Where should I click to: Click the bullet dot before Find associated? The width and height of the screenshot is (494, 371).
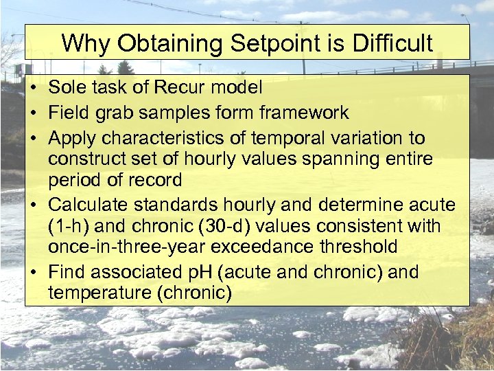[x=34, y=273]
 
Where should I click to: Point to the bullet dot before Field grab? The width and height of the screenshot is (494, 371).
[x=34, y=113]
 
